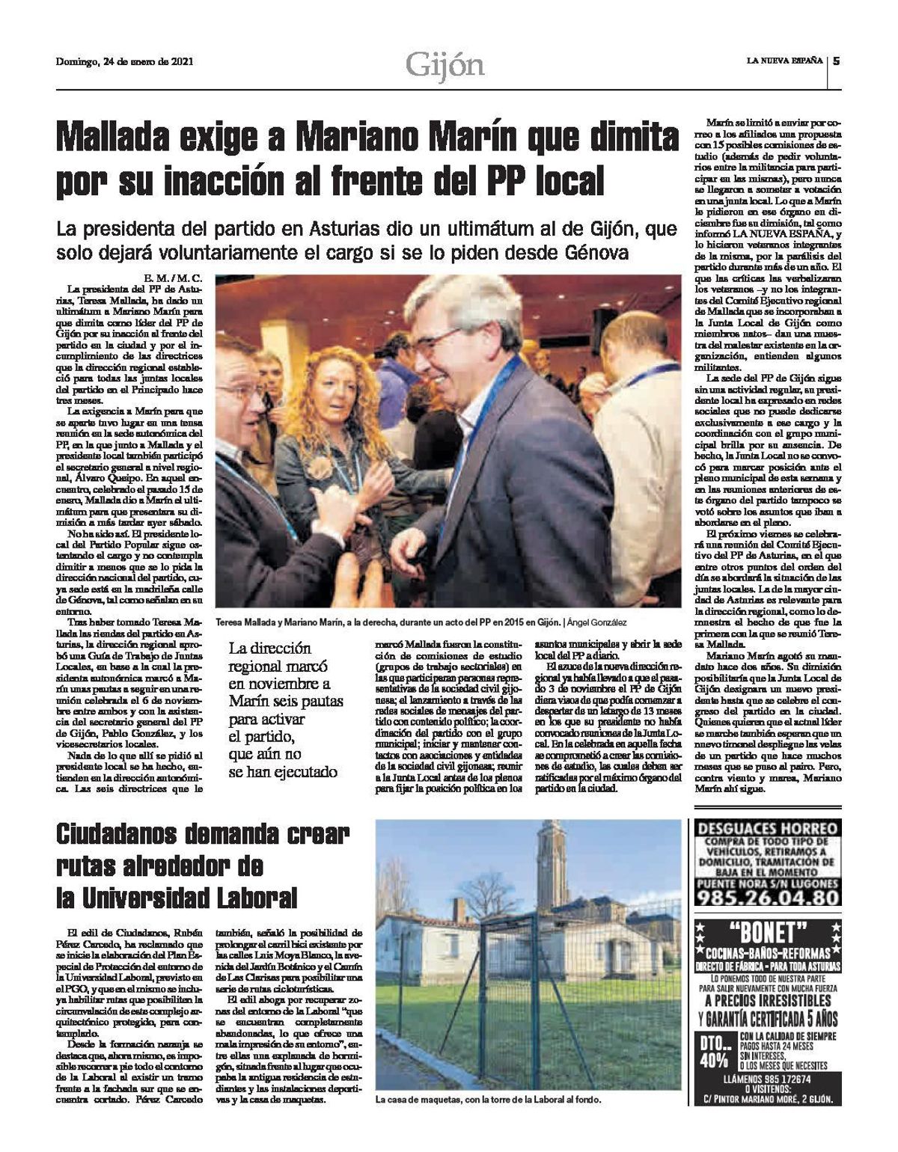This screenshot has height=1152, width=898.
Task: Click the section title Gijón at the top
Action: pos(445,65)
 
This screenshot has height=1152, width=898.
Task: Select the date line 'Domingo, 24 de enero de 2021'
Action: pos(125,62)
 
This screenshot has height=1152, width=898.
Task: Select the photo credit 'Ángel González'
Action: pos(596,622)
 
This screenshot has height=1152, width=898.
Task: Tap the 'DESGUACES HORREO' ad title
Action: pos(766,830)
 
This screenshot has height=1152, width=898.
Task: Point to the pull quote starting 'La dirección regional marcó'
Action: pos(285,709)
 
